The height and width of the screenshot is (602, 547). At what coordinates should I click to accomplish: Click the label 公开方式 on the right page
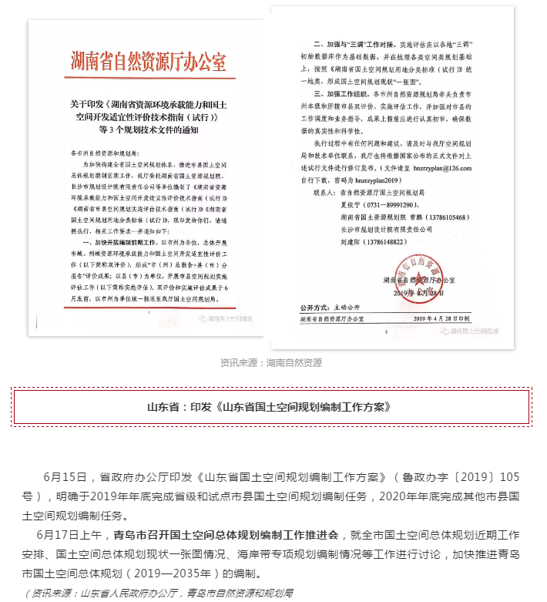point(317,306)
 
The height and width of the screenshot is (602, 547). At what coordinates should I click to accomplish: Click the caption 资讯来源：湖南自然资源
point(270,362)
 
